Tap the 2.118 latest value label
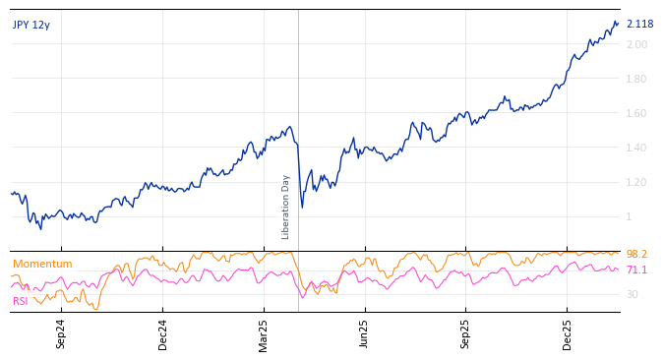(639, 25)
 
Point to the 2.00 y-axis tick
(636, 45)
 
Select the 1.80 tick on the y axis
(636, 80)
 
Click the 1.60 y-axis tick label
(636, 114)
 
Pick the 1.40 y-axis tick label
(636, 149)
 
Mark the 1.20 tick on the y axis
(636, 183)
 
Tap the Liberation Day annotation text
(286, 207)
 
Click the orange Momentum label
(42, 265)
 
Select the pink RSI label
(21, 301)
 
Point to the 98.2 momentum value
(636, 255)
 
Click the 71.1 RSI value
(636, 270)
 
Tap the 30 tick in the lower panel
(633, 294)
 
